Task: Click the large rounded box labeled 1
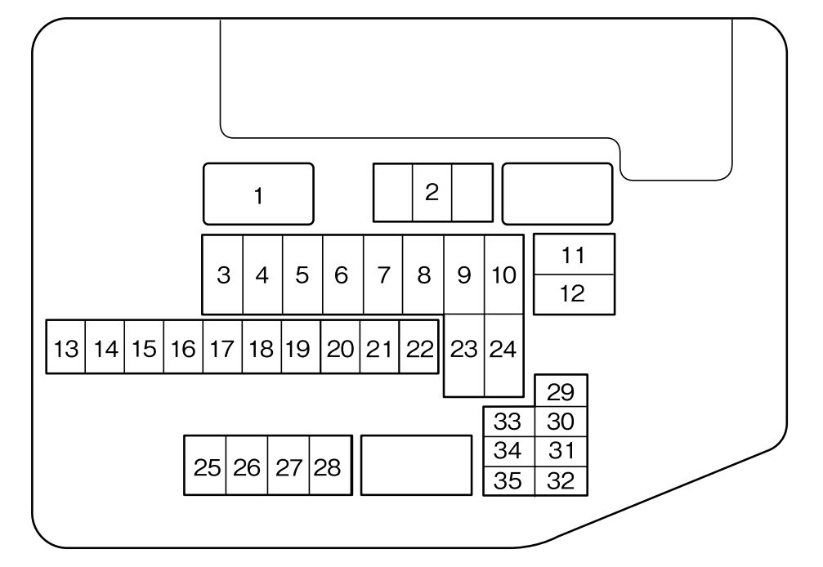(x=258, y=194)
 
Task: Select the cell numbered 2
(x=432, y=193)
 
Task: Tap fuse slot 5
(x=302, y=275)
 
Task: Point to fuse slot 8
(x=423, y=275)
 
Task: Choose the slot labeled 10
(x=504, y=275)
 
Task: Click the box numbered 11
(x=574, y=255)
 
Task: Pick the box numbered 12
(x=574, y=294)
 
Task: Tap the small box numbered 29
(x=561, y=391)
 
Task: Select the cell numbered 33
(x=508, y=422)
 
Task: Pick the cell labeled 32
(x=561, y=481)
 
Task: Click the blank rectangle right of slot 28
(x=416, y=465)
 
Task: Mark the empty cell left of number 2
(x=392, y=193)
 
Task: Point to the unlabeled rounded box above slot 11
(x=557, y=194)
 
